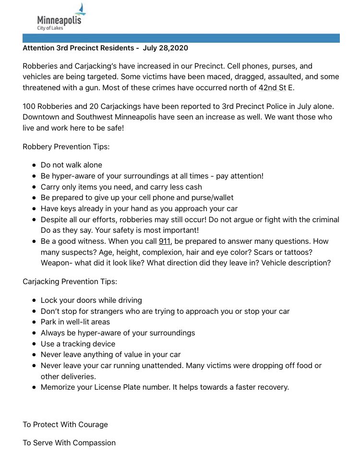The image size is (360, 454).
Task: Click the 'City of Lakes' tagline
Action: [x=50, y=28]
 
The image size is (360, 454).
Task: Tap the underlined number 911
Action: [x=165, y=241]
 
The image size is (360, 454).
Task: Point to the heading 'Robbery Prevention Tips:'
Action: [x=66, y=146]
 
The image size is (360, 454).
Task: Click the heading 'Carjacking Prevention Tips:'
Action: [x=70, y=281]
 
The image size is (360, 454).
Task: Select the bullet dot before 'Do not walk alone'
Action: [x=34, y=165]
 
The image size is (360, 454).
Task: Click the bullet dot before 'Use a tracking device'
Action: [x=34, y=344]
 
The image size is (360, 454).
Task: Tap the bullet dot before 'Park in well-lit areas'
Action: [x=34, y=322]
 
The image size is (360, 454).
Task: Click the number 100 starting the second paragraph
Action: [x=29, y=106]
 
